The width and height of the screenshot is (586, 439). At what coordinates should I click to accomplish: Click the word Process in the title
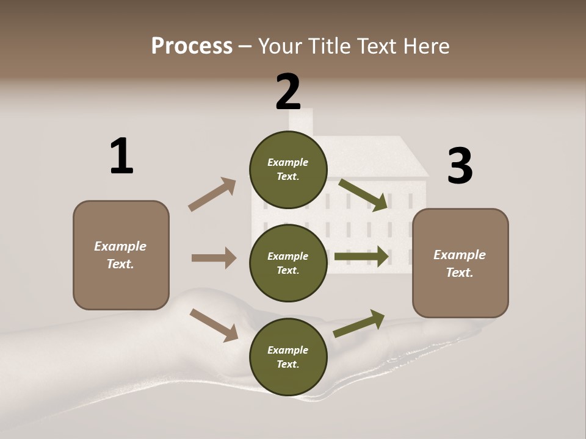click(192, 46)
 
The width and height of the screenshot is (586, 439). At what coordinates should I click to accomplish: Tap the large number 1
click(121, 157)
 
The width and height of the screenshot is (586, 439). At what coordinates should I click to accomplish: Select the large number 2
click(288, 92)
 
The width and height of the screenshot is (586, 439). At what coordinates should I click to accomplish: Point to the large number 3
click(460, 166)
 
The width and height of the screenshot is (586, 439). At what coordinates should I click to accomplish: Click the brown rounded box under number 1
click(121, 255)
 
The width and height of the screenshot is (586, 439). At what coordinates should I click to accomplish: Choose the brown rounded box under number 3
click(460, 263)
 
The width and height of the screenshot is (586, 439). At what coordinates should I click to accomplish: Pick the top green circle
click(288, 169)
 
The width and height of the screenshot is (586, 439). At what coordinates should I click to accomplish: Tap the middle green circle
click(288, 263)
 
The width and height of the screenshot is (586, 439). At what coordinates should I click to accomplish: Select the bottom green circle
click(288, 357)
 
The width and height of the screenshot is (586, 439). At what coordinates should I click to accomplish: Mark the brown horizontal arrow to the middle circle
click(214, 258)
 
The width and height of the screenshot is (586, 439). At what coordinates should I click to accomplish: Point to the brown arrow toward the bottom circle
click(214, 324)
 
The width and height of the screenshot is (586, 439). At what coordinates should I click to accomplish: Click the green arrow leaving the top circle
click(363, 195)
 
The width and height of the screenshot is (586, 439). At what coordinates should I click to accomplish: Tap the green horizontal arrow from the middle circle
click(361, 257)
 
